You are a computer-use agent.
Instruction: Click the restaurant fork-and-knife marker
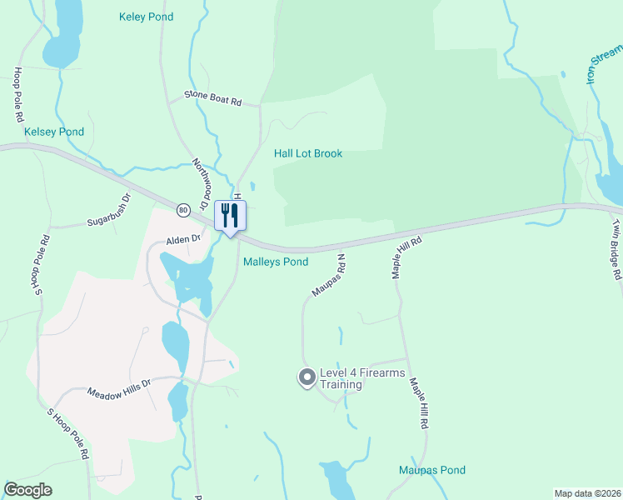pyautogui.click(x=230, y=216)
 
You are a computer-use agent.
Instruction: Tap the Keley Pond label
pyautogui.click(x=147, y=17)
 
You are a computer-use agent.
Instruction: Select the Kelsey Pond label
pyautogui.click(x=54, y=132)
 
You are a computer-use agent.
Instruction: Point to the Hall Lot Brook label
pyautogui.click(x=308, y=153)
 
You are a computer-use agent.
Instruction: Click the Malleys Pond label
pyautogui.click(x=276, y=262)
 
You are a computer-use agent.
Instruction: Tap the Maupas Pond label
pyautogui.click(x=431, y=470)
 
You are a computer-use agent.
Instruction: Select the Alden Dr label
pyautogui.click(x=184, y=239)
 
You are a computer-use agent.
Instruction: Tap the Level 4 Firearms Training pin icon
pyautogui.click(x=306, y=378)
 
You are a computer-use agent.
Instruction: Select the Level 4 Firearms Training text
pyautogui.click(x=341, y=378)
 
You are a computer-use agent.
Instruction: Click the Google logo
pyautogui.click(x=27, y=490)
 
